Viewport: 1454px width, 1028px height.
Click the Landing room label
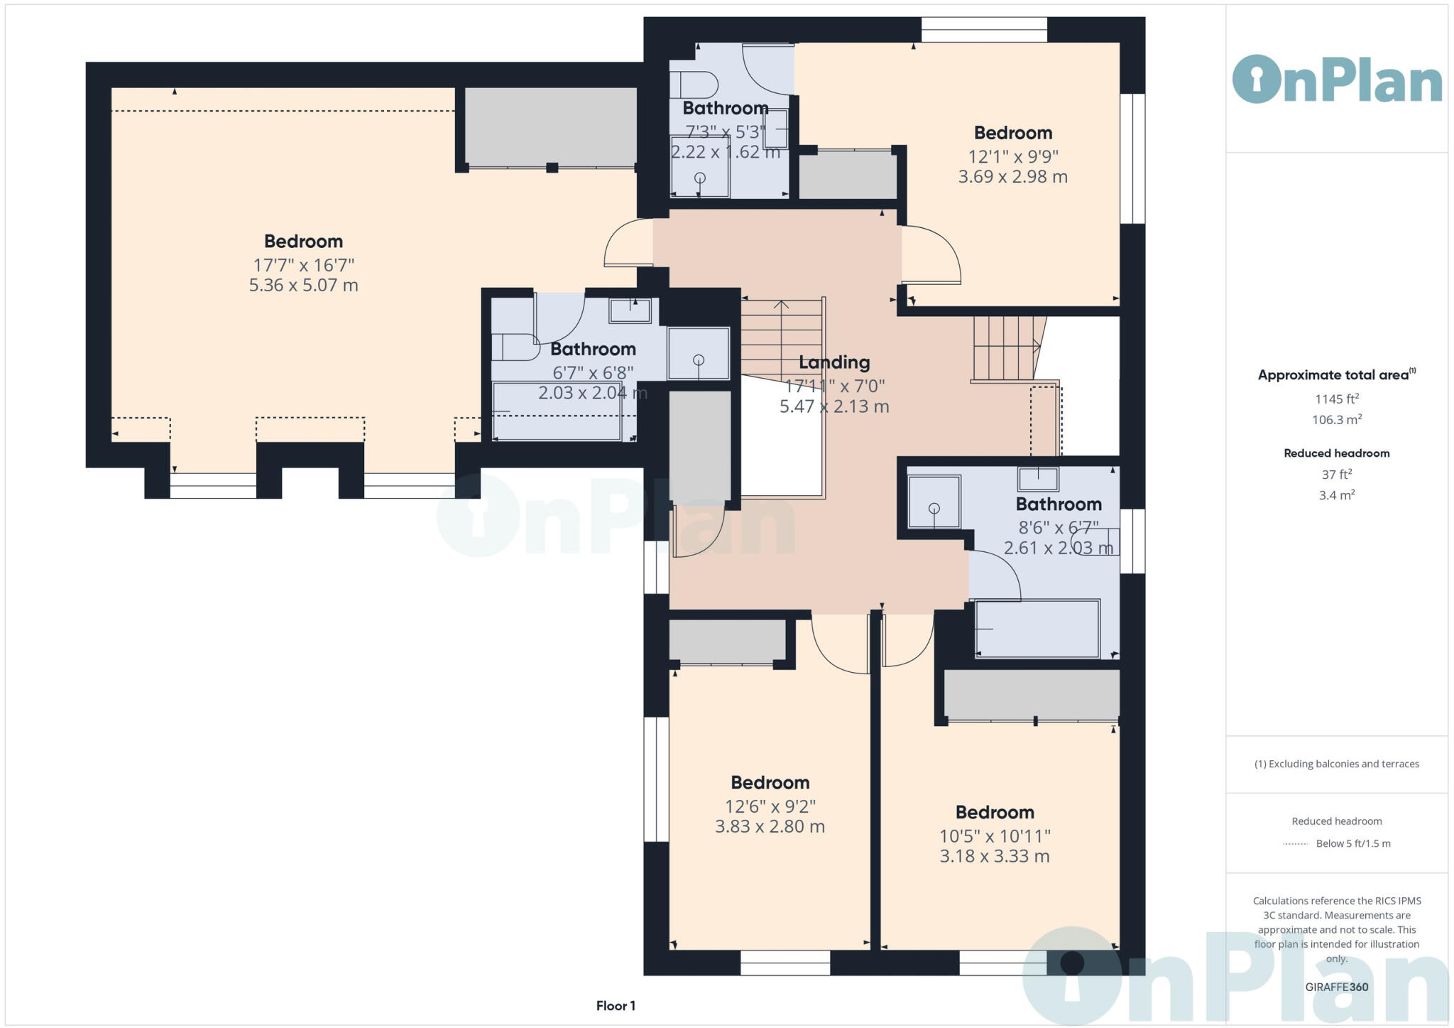coord(834,362)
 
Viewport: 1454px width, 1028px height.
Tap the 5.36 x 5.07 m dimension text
coord(303,286)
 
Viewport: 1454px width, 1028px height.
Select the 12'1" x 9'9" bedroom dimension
coord(1013,156)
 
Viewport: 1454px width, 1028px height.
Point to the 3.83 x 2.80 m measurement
coord(770,827)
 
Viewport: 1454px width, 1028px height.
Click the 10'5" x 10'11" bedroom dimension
coord(995,836)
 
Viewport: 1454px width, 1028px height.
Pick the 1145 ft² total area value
coord(1337,399)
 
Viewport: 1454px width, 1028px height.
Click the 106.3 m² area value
coord(1337,419)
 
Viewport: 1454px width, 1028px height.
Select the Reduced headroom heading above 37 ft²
coord(1337,453)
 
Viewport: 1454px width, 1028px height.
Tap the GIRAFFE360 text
coord(1337,987)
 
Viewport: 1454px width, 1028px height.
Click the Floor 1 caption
coord(616,1006)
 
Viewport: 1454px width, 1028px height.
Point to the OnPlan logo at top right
coord(1337,79)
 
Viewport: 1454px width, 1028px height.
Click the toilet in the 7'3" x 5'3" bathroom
coord(694,85)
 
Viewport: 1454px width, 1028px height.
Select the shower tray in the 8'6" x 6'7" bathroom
coord(934,502)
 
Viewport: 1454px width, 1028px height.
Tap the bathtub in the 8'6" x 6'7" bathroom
coord(1038,629)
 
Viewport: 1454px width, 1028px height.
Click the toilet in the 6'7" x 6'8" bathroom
coord(516,347)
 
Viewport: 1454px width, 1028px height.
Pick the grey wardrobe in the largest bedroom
coord(551,127)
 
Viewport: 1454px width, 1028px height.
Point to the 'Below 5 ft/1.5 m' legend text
coord(1353,844)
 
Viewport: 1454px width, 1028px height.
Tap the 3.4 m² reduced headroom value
coord(1337,495)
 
